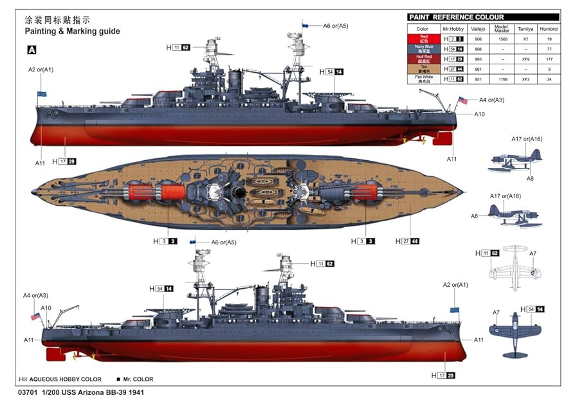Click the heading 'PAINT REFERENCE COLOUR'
click(x=456, y=17)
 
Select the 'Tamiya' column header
click(x=525, y=29)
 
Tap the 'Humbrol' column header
click(x=549, y=29)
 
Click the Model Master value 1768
click(x=501, y=79)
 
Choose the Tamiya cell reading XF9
click(x=525, y=59)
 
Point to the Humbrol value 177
click(x=549, y=59)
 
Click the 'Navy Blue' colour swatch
click(x=423, y=49)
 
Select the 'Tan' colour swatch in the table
click(x=423, y=69)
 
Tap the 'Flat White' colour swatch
click(x=423, y=79)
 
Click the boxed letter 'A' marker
click(x=32, y=50)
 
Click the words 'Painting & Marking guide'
click(x=72, y=31)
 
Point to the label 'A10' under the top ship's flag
click(x=479, y=114)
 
